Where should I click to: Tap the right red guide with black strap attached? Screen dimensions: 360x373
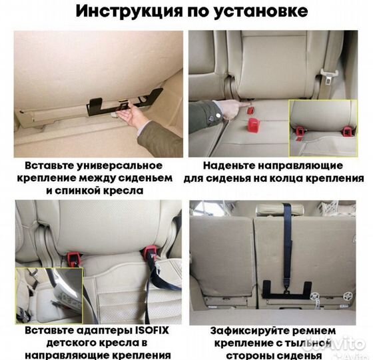[151, 252]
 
